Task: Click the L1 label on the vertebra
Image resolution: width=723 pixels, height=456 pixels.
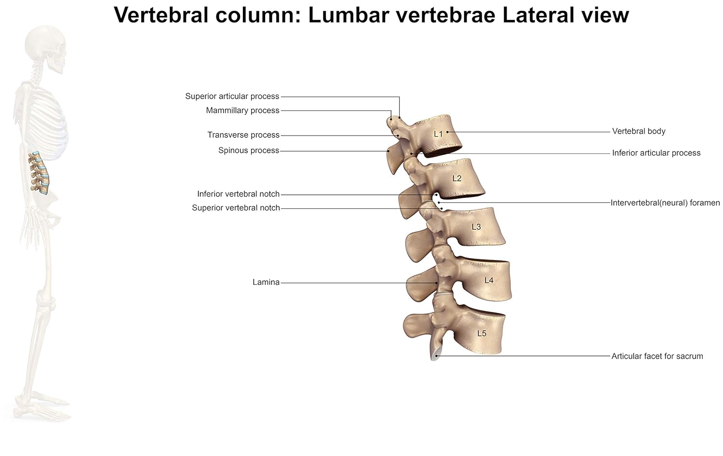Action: coord(438,134)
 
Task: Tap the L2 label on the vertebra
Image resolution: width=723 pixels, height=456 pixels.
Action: coord(457,178)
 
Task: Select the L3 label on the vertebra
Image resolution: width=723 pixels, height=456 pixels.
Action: coord(476,226)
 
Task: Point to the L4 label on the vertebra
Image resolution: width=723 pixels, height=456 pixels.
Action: coord(489,280)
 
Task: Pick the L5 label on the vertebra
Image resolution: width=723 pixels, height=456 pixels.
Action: coord(482,333)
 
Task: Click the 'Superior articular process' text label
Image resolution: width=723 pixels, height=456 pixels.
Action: coord(232,96)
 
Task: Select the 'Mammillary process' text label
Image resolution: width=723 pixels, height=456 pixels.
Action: coord(242,110)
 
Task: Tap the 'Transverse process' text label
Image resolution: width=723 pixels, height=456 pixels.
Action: coord(243,135)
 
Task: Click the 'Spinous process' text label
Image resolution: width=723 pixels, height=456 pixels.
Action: coord(249,150)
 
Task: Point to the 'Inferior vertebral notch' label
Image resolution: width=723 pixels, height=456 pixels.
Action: coord(238,193)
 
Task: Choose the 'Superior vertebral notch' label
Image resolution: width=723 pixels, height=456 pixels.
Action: coord(236,207)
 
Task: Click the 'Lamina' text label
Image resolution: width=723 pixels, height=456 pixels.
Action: coord(266,282)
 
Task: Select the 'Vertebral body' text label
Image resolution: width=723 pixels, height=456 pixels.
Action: coord(639,131)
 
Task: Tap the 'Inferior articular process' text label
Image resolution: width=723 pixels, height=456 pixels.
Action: coord(656,152)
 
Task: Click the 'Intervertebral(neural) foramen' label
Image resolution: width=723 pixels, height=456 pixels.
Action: coord(665,203)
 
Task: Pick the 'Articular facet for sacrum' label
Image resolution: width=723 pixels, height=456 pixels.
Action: coord(657,356)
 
